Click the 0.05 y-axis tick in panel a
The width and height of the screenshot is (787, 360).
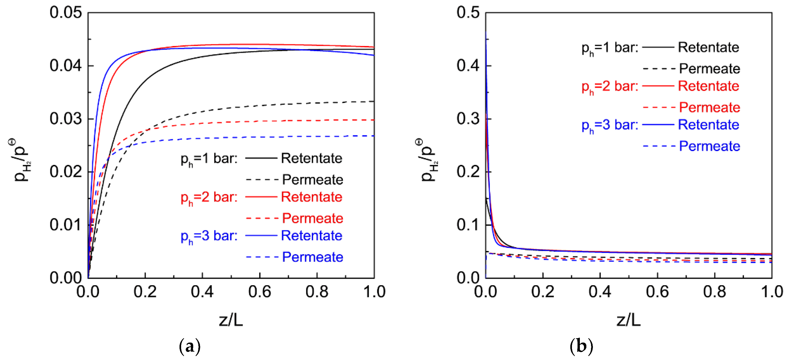66,13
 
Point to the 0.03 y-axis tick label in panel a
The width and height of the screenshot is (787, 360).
66,119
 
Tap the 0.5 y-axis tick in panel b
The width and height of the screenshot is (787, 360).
468,13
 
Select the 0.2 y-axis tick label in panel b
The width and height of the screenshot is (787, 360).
468,172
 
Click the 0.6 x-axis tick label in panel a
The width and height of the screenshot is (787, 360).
259,292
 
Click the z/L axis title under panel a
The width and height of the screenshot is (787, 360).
231,320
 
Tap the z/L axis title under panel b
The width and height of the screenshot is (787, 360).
628,320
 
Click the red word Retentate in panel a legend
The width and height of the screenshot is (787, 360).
311,197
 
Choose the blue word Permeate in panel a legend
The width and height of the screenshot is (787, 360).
312,257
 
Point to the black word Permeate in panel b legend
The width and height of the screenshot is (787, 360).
709,69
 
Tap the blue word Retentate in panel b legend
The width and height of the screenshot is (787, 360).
708,125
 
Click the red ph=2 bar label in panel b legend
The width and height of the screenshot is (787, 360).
610,87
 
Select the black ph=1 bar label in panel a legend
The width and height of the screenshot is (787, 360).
209,159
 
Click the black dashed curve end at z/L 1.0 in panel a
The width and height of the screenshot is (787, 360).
373,101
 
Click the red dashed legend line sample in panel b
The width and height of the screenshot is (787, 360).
659,107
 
